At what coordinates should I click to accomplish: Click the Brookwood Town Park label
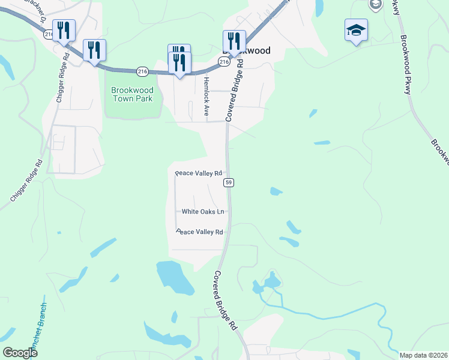click(x=132, y=94)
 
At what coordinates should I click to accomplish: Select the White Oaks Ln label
click(x=203, y=212)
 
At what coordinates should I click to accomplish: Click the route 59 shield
click(x=229, y=182)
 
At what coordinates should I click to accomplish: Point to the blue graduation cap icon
click(x=356, y=30)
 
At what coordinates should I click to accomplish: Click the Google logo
click(x=20, y=353)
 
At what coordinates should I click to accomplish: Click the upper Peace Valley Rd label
click(x=199, y=173)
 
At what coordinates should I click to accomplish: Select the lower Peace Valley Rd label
click(x=199, y=232)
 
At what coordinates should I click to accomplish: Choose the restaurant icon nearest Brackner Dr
click(x=64, y=31)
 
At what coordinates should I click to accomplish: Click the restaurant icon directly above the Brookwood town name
click(x=234, y=41)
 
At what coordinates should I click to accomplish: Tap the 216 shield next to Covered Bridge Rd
click(x=223, y=62)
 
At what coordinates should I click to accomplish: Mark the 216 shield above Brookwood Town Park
click(x=142, y=71)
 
